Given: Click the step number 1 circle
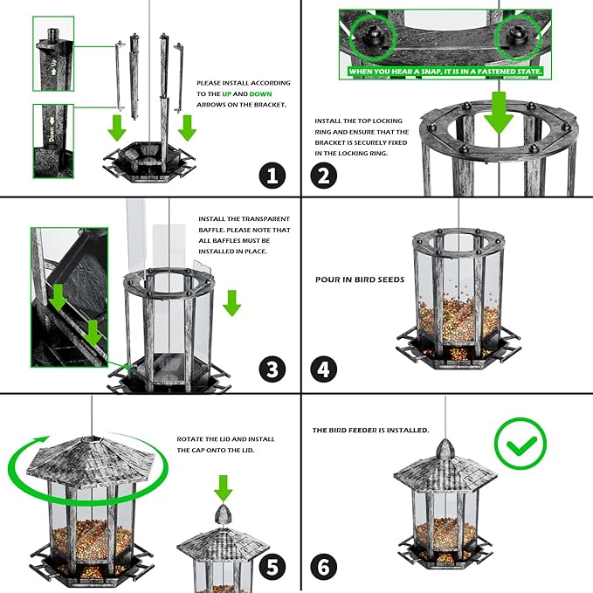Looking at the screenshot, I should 272,176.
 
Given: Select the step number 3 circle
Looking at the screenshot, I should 272,369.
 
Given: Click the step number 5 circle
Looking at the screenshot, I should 272,567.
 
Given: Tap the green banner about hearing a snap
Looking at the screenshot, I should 445,70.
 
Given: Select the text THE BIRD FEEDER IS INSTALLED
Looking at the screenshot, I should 370,431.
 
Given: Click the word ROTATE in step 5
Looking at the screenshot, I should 191,439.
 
